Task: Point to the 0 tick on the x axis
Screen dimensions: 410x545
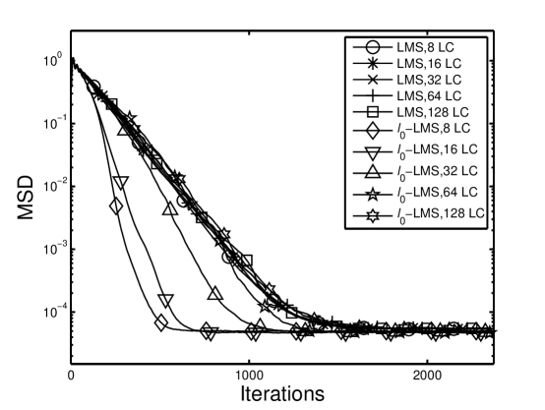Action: click(x=71, y=376)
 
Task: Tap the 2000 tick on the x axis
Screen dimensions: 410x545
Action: click(x=426, y=376)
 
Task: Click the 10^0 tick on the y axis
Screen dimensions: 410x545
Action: click(x=51, y=60)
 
